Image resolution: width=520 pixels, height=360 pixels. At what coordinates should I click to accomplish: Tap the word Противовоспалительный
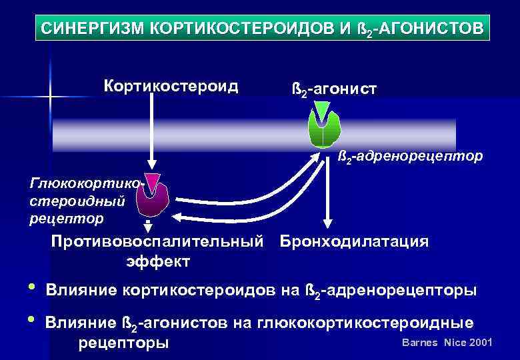158,241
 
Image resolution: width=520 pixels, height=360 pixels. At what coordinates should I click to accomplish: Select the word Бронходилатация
354,241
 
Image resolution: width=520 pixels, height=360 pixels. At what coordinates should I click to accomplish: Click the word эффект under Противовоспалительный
158,261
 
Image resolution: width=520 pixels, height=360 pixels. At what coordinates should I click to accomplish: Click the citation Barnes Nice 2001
447,343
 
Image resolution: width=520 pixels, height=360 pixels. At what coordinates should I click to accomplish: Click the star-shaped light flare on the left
50,97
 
